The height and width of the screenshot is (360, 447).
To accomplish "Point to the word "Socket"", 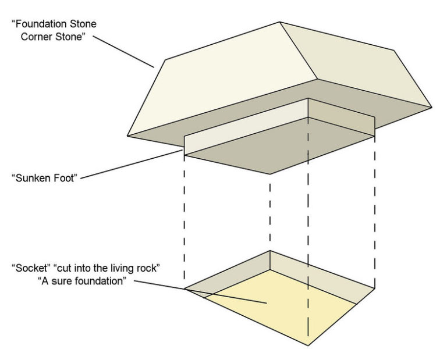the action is [x=29, y=268].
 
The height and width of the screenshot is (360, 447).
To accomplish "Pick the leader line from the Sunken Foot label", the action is [x=134, y=164].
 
